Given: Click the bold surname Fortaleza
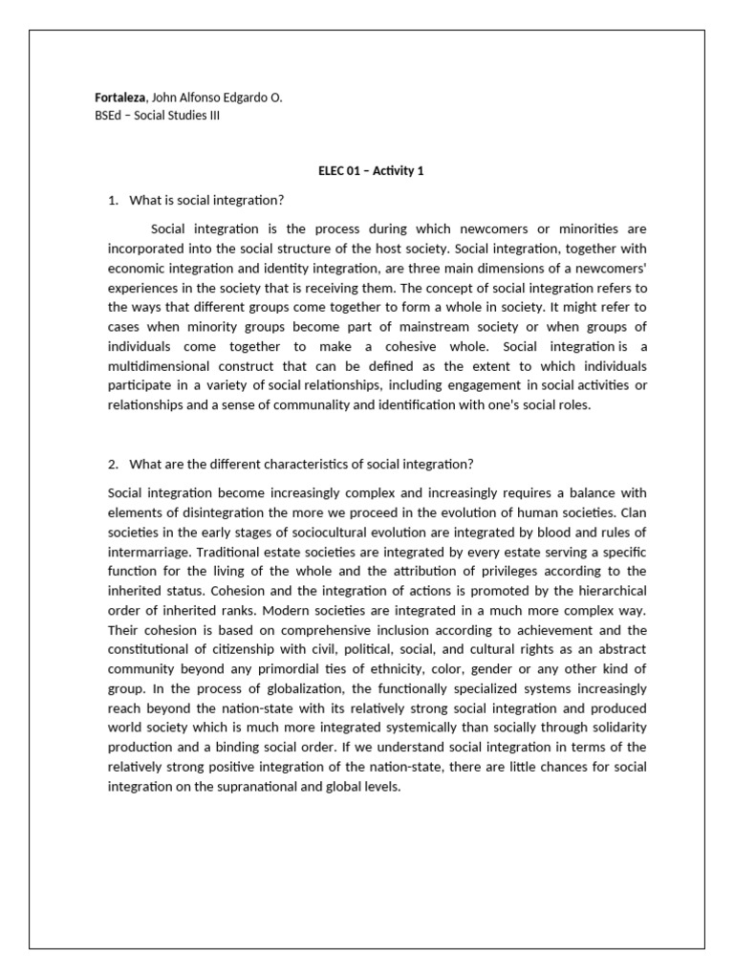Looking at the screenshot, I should coord(121,98).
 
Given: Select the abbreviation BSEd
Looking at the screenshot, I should coord(121,116).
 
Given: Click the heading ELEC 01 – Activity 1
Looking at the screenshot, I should coord(371,171).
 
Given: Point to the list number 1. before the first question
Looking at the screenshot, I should coord(114,200).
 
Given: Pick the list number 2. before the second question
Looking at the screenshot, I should coord(114,465).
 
